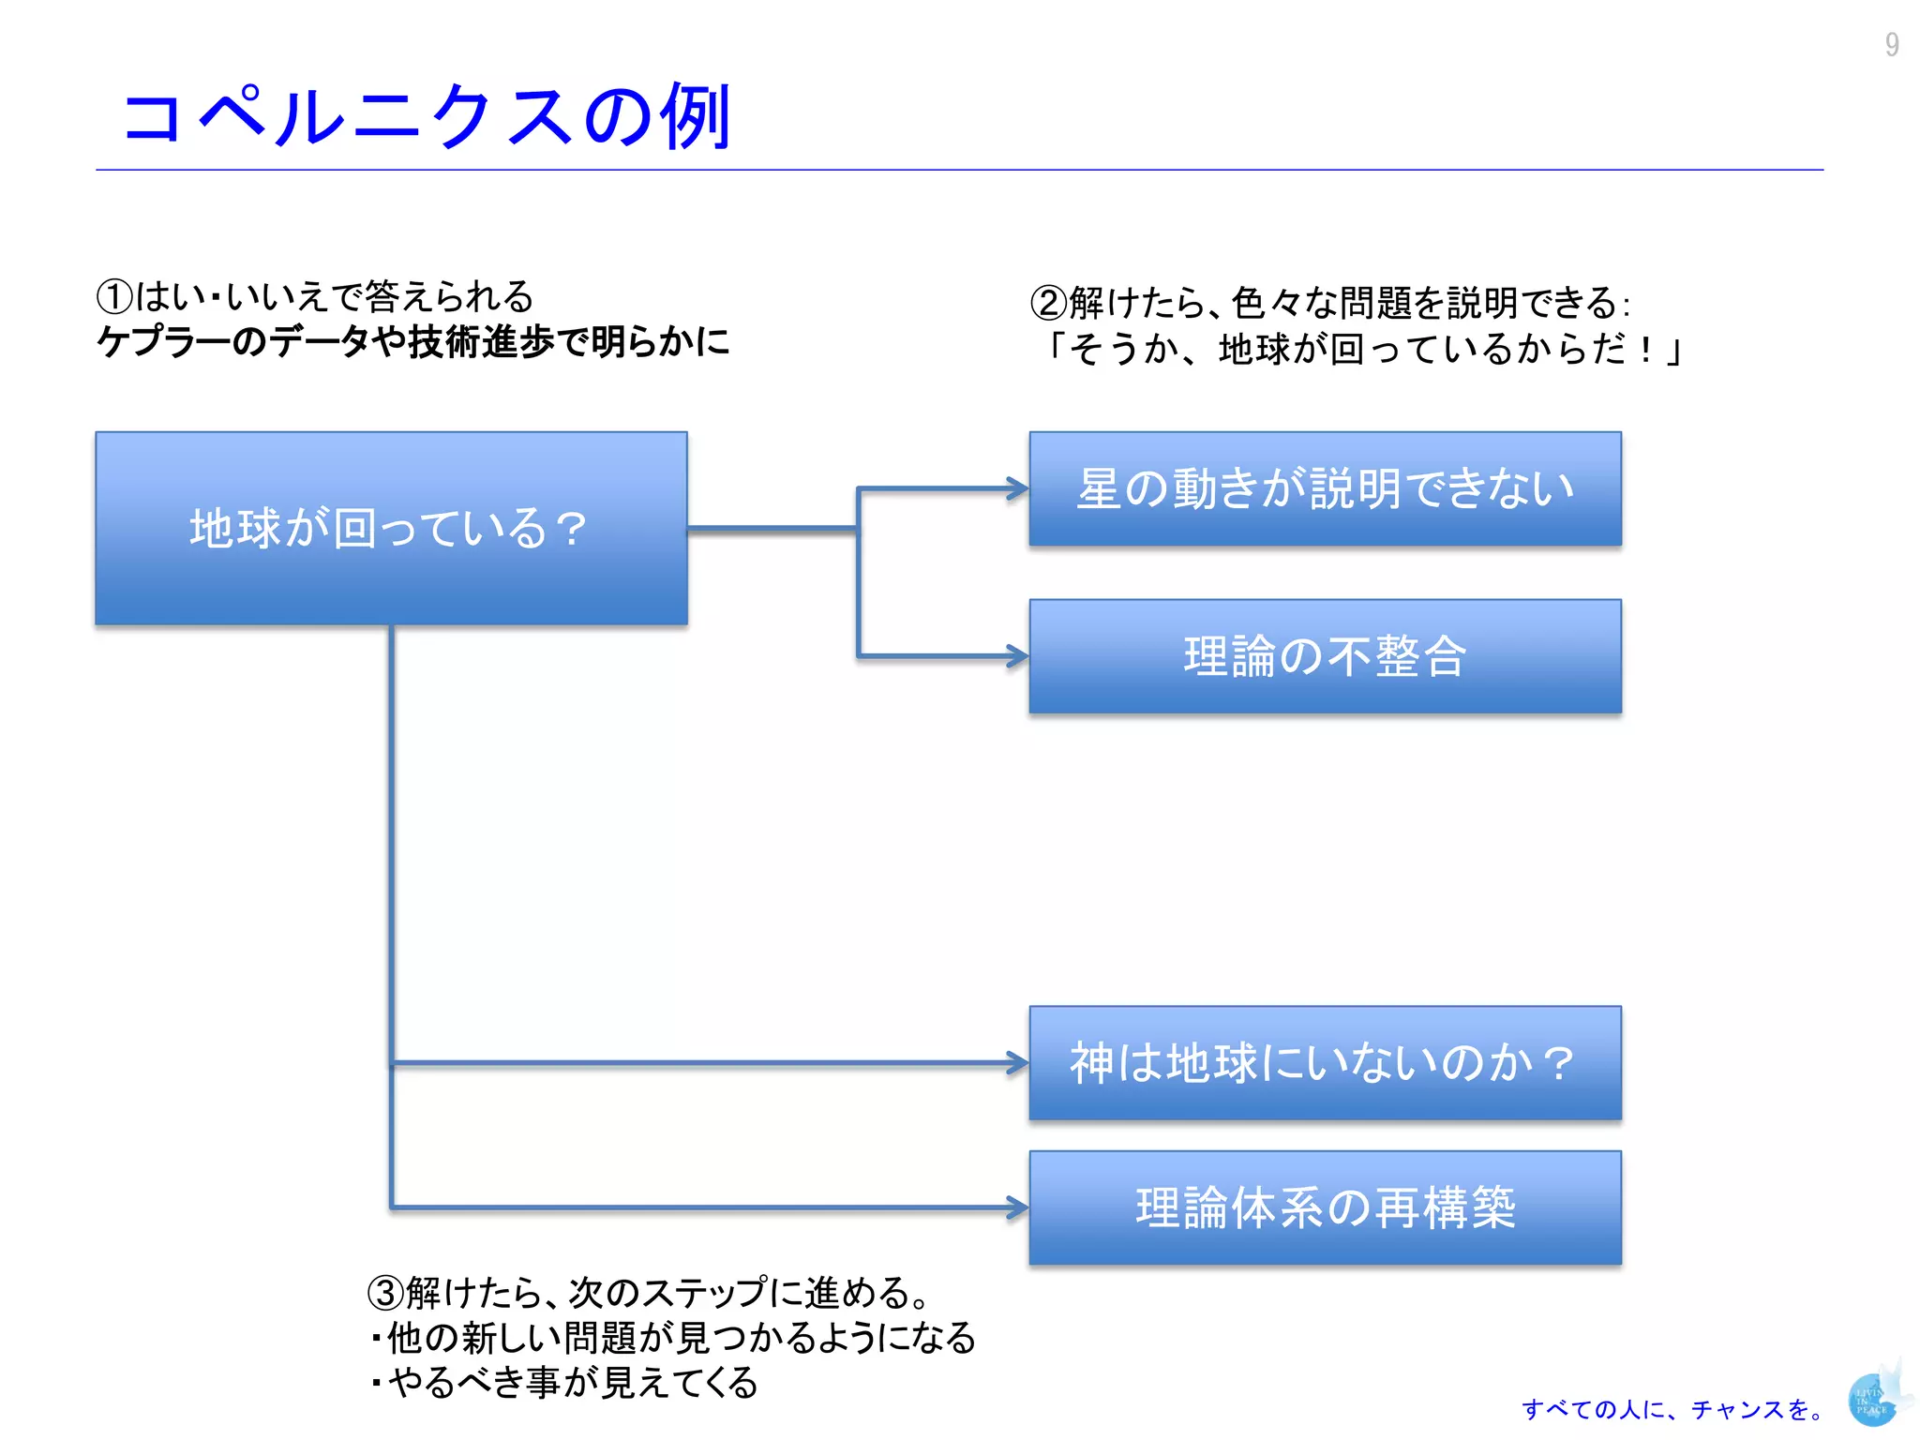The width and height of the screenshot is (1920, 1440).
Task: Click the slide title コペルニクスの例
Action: (427, 116)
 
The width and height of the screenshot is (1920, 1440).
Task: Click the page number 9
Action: (1892, 45)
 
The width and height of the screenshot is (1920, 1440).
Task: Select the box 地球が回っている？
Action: (391, 528)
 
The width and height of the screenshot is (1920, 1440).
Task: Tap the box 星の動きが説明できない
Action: (1325, 488)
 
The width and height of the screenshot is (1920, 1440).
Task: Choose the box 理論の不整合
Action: (1325, 656)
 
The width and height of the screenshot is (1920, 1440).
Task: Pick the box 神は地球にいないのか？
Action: (1325, 1063)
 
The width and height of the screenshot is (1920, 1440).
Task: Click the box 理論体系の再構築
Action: (1325, 1207)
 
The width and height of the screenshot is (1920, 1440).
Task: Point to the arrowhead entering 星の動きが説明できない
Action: (1018, 488)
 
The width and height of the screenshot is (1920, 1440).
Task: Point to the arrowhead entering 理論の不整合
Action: (1018, 655)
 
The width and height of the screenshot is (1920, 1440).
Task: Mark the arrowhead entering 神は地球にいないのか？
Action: (1018, 1062)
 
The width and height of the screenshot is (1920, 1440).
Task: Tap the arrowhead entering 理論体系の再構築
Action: (1018, 1207)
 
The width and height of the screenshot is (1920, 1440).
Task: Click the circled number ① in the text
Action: (114, 297)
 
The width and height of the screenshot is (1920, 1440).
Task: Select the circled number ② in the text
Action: (1048, 303)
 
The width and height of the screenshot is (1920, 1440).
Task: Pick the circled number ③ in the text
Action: (385, 1293)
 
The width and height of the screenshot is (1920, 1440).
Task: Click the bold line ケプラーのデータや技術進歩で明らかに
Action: (412, 341)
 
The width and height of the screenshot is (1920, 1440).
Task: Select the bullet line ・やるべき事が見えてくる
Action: (565, 1383)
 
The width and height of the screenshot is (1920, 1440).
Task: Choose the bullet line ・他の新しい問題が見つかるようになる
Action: (673, 1338)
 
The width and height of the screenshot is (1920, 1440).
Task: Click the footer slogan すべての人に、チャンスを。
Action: (1672, 1409)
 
